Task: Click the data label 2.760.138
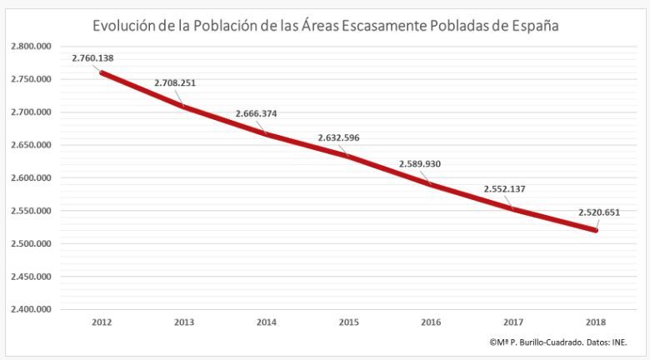[92, 59]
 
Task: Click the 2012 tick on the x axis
[102, 322]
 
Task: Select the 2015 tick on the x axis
[349, 322]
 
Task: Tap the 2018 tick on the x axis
[597, 322]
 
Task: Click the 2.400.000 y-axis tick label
[32, 309]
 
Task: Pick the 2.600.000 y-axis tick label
[32, 177]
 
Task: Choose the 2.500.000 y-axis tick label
[32, 243]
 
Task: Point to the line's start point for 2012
[102, 72]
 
